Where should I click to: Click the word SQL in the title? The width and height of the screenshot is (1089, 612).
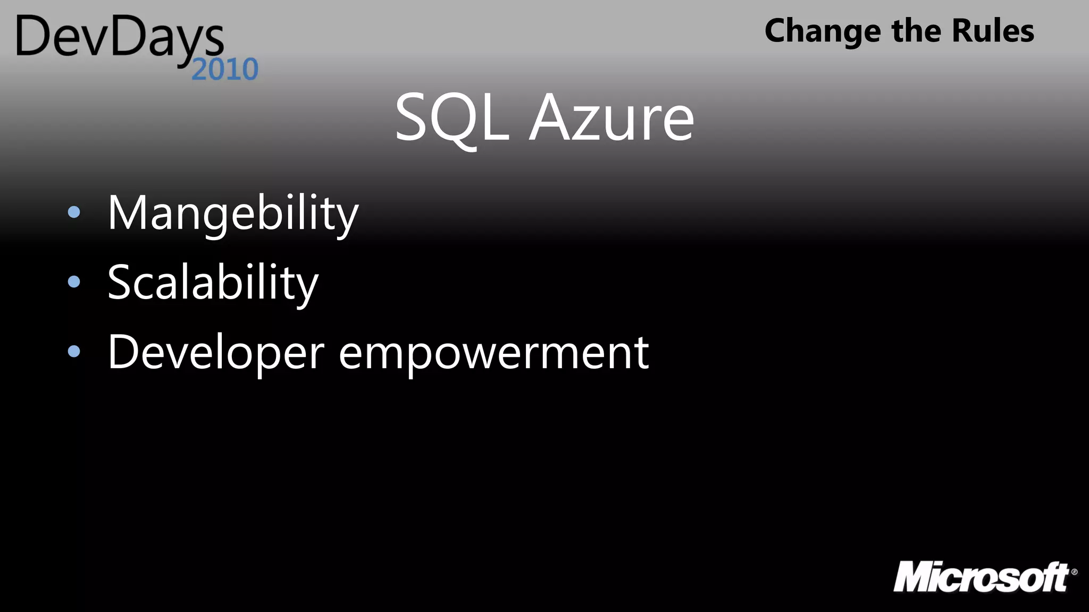tap(452, 118)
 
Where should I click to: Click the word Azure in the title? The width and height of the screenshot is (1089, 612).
tap(611, 118)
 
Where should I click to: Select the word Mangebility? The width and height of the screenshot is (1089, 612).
tap(233, 214)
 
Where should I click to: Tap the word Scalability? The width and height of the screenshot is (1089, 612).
tap(213, 283)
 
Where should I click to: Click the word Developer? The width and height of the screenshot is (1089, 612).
tap(216, 353)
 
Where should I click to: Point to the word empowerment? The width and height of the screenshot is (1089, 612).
tap(493, 353)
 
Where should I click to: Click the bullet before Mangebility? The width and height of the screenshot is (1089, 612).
tap(74, 212)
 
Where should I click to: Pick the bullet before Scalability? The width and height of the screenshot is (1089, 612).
tap(74, 282)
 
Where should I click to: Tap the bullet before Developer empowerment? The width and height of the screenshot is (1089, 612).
tap(74, 351)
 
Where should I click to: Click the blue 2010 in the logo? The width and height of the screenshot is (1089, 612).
tap(225, 70)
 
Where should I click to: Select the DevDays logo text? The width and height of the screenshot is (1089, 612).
tap(120, 37)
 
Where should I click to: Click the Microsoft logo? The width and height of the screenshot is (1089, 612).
tap(982, 577)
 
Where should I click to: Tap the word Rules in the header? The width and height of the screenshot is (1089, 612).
tap(993, 30)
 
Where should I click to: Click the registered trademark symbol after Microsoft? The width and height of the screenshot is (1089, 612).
tap(1074, 572)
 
